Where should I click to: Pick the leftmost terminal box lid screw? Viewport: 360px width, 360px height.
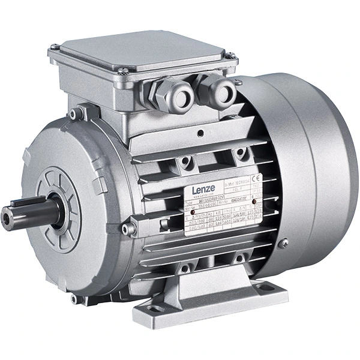(55, 47)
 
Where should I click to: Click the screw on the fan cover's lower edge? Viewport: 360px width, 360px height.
(283, 242)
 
